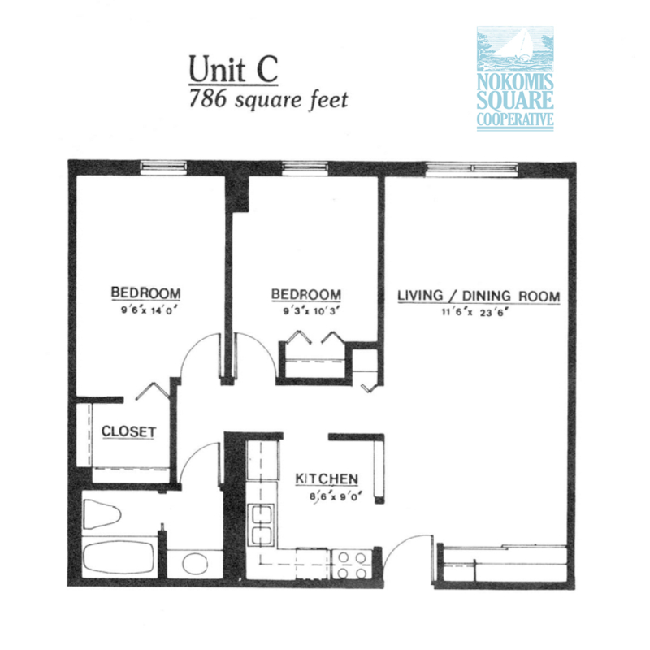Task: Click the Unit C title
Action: pos(233,69)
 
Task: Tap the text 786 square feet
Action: pos(268,100)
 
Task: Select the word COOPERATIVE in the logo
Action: pos(514,122)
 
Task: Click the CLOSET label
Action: pos(128,431)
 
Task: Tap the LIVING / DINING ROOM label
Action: pos(479,296)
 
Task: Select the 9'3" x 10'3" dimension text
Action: pos(305,310)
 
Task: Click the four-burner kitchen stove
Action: pos(350,565)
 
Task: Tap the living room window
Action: pos(472,168)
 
